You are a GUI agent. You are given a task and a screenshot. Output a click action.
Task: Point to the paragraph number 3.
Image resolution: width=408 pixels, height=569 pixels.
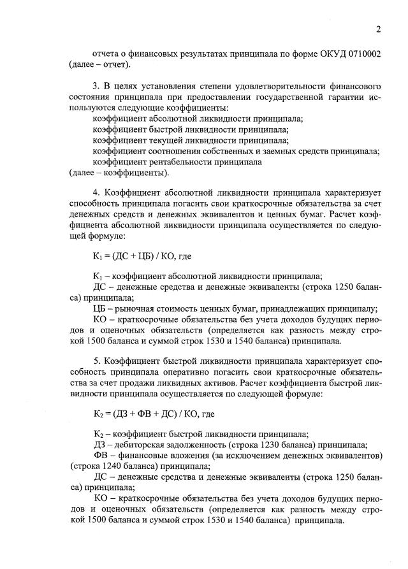tap(96, 85)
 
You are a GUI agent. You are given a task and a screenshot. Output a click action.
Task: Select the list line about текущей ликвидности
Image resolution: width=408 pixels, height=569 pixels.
tap(190, 140)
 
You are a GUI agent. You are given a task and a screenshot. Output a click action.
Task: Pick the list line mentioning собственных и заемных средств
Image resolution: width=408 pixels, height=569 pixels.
tap(236, 151)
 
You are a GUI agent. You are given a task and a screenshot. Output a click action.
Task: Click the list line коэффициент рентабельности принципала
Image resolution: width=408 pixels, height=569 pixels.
tap(177, 162)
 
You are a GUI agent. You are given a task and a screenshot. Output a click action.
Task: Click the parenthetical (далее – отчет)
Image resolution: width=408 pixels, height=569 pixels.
tap(99, 64)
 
